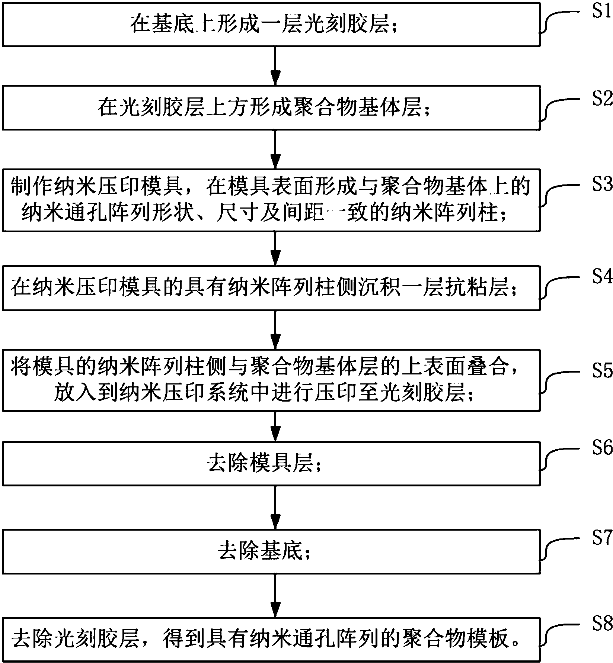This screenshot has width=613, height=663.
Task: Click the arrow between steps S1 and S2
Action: [275, 66]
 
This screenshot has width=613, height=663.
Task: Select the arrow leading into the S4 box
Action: [275, 248]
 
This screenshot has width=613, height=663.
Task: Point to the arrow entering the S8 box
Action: [275, 596]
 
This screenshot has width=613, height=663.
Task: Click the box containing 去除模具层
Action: [271, 464]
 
